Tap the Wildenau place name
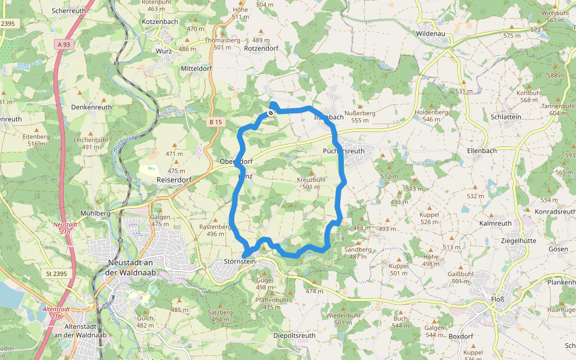click(x=431, y=34)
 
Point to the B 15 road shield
click(x=215, y=122)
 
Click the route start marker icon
click(x=271, y=112)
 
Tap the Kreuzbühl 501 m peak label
click(x=311, y=183)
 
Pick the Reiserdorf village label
click(x=173, y=179)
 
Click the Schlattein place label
click(x=505, y=117)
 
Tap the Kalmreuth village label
click(x=496, y=223)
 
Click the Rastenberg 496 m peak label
click(x=215, y=230)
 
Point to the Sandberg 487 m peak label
click(x=358, y=252)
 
